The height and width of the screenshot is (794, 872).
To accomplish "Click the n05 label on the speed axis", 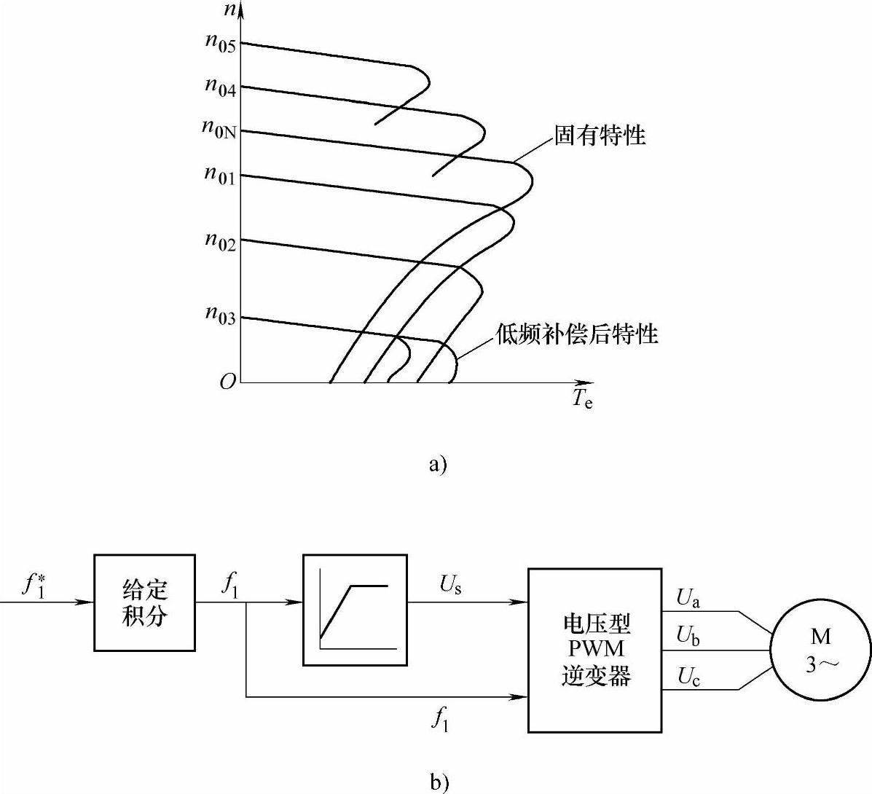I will tap(220, 42).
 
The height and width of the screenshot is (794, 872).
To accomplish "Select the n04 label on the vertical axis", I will tap(220, 87).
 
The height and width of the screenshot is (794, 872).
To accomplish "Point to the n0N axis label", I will tap(219, 128).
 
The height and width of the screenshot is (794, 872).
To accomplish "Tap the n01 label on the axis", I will tap(220, 175).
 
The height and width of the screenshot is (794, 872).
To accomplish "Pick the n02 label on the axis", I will tap(220, 240).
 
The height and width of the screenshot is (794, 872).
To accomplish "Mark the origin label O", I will tap(228, 382).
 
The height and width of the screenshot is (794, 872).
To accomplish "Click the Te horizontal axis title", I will tap(582, 398).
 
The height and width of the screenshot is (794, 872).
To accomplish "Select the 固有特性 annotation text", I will tap(600, 135).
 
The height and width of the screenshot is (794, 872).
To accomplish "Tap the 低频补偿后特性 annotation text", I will tap(577, 334).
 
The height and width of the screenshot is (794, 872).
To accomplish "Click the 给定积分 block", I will tap(144, 602).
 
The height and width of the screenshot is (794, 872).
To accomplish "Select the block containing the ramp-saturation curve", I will tap(355, 610).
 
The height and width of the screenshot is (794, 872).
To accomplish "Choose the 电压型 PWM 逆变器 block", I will tap(596, 650).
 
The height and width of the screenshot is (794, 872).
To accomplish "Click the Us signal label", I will tap(450, 585).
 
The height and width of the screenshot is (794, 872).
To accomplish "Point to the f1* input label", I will tap(34, 584).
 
